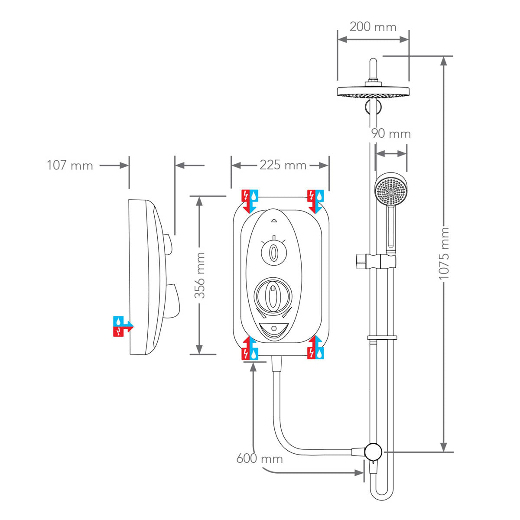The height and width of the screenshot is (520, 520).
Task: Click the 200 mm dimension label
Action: pos(373,27)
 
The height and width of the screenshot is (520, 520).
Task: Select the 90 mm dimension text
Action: pos(390,133)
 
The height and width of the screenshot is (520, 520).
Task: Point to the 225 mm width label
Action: pos(283,165)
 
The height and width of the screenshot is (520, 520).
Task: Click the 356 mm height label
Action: pos(199,276)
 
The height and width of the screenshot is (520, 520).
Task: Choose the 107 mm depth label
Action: pos(70,166)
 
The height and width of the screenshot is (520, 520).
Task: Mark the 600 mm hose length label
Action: pos(259,458)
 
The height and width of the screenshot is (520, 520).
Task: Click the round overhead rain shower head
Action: pos(373,92)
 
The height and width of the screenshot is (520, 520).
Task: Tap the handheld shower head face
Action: pos(391,191)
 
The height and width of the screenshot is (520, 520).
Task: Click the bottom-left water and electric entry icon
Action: pos(250,349)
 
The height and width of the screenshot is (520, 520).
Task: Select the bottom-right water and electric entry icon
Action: pos(315,349)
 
